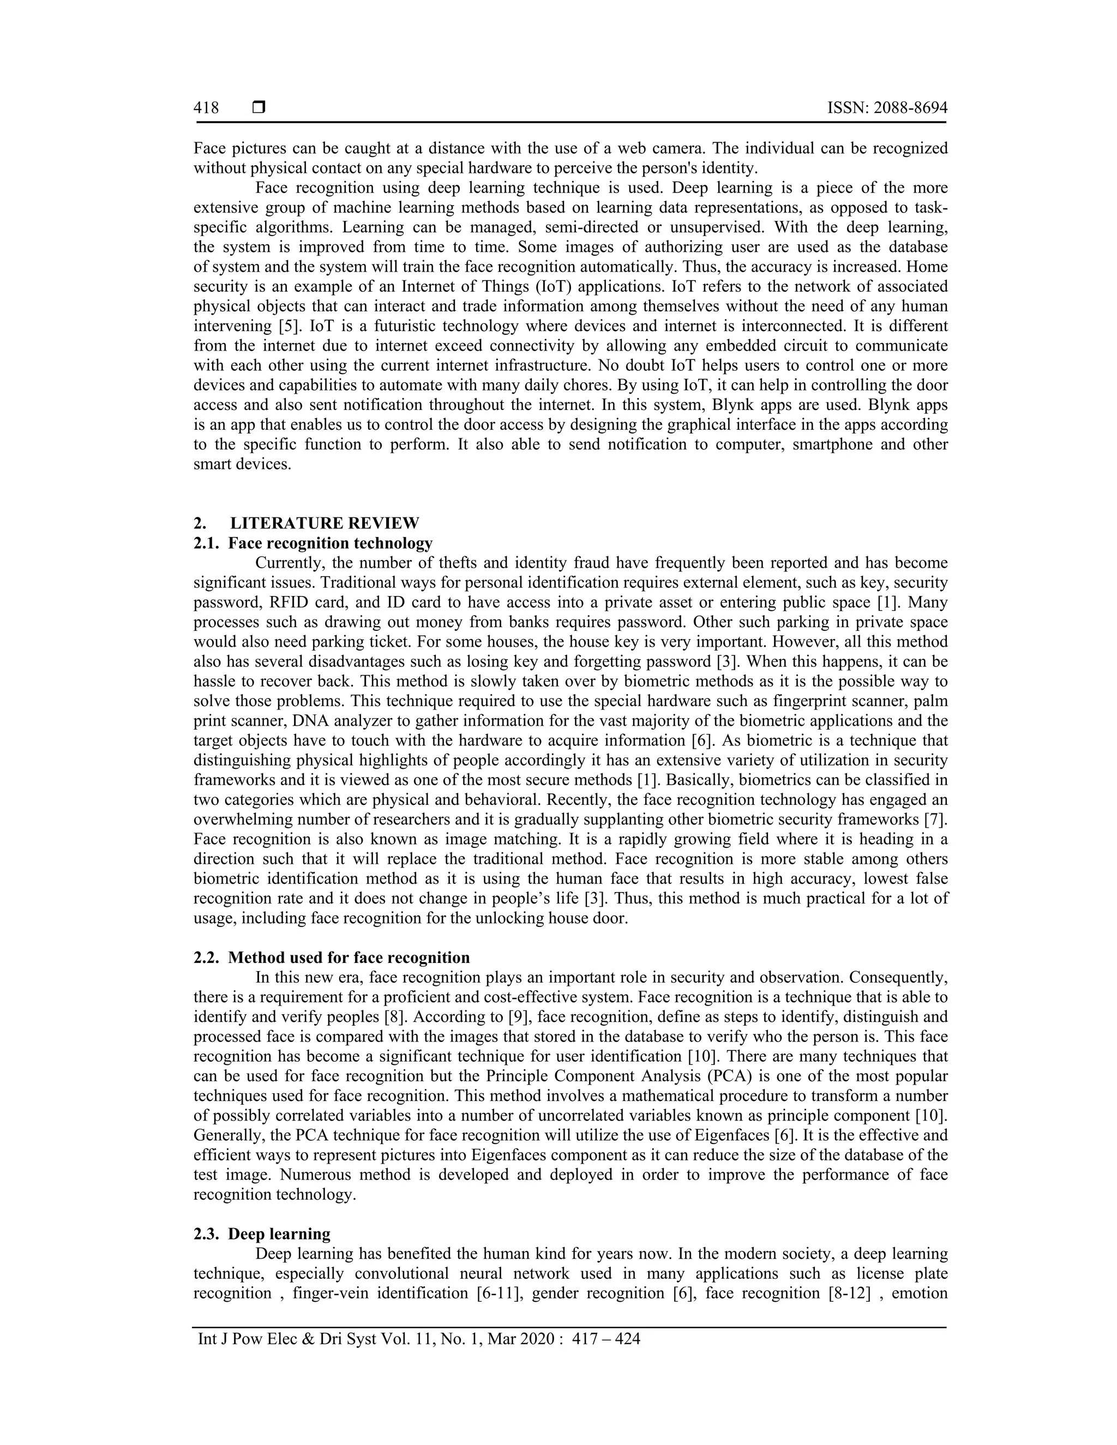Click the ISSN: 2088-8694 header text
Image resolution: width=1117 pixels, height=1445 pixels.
pos(887,108)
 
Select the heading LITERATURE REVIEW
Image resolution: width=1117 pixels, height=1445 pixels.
pos(325,523)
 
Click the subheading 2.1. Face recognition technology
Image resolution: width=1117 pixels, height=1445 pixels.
pos(313,543)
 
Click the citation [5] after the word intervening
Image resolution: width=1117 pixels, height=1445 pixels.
pos(281,326)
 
